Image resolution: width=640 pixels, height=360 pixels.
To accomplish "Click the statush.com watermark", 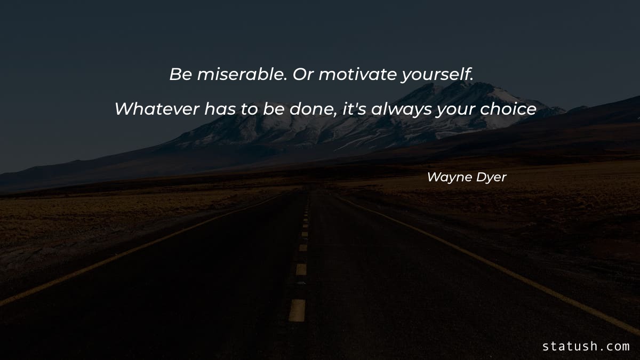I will coord(586,346).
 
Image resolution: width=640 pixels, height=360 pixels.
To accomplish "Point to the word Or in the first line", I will coord(304,75).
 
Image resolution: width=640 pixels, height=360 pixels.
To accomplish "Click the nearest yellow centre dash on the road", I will coord(297,310).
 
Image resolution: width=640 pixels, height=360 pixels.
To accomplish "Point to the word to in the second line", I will coord(248,109).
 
